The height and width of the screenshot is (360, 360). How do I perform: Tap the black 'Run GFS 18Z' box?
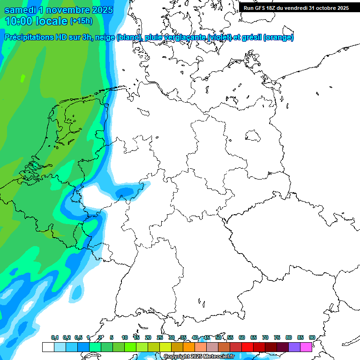(296, 8)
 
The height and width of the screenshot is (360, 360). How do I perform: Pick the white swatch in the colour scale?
(48, 347)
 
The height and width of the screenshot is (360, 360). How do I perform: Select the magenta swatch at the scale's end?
(306, 347)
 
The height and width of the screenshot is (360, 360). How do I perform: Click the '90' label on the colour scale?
(312, 337)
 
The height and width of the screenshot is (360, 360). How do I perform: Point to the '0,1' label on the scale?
(55, 337)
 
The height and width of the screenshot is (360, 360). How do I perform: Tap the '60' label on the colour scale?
(242, 337)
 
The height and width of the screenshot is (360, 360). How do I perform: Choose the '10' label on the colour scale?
(125, 337)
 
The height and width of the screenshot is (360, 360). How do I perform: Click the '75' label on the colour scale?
(277, 337)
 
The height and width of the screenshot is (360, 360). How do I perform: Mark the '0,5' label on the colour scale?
(78, 337)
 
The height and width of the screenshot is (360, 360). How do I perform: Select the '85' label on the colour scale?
(300, 337)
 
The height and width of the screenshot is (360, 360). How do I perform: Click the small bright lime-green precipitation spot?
(22, 77)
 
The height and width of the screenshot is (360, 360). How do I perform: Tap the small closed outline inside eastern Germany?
(253, 136)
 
